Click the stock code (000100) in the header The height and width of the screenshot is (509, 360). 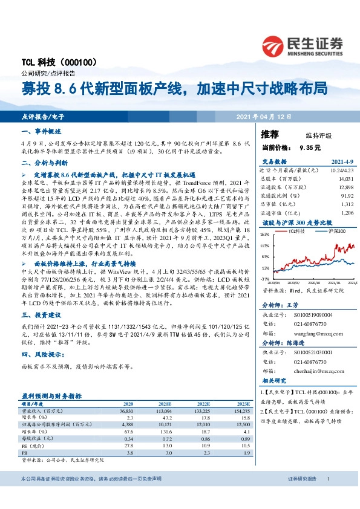pos(79,62)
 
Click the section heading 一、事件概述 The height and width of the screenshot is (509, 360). pos(41,131)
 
